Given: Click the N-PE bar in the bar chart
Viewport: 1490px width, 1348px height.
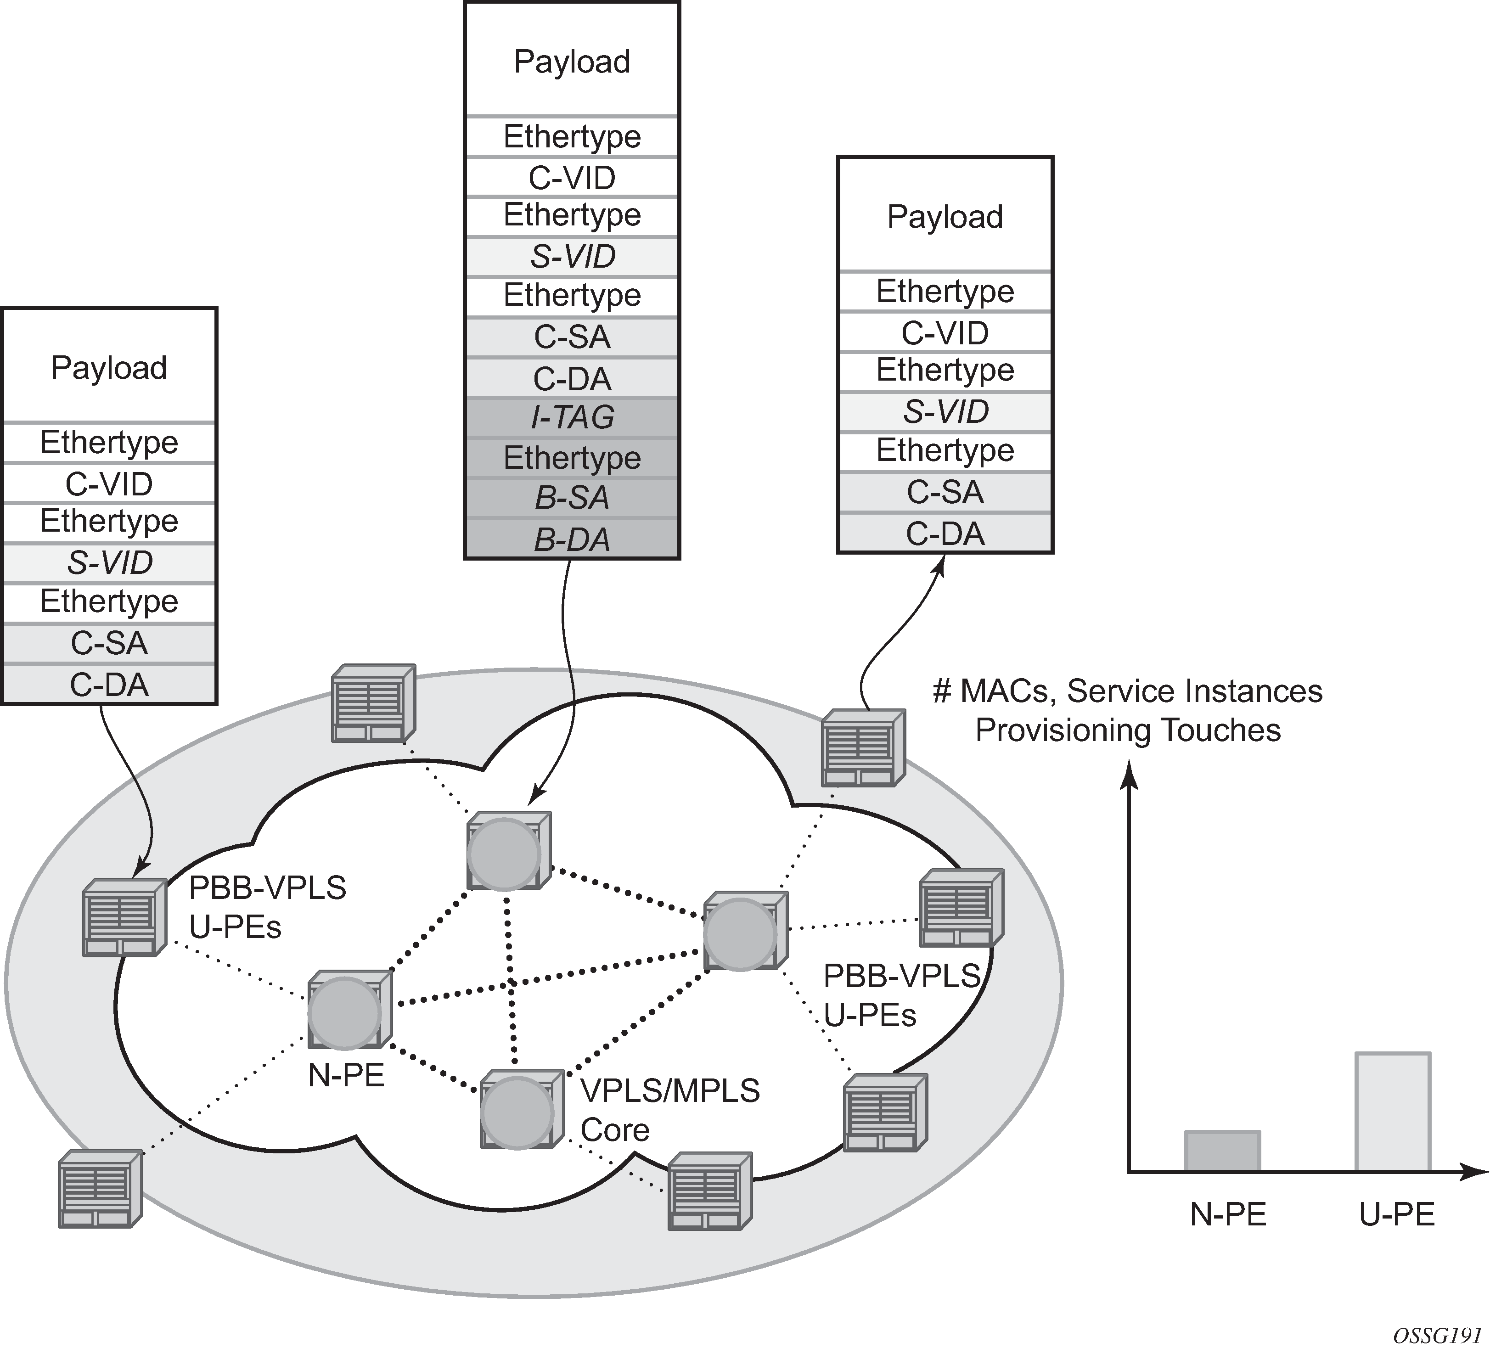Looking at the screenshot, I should tap(1222, 1151).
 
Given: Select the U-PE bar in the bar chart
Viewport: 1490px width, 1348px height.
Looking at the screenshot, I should tap(1393, 1112).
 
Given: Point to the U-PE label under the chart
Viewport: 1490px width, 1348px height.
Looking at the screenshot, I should tap(1397, 1215).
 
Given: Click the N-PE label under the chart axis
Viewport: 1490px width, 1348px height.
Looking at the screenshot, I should tap(1228, 1215).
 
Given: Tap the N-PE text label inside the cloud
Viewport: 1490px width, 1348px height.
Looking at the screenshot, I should tap(346, 1076).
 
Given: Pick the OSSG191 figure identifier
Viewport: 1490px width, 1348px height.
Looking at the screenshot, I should tap(1437, 1336).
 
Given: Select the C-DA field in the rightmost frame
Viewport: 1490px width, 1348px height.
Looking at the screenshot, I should tap(945, 534).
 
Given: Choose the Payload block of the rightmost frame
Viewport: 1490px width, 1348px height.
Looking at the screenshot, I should tap(945, 217).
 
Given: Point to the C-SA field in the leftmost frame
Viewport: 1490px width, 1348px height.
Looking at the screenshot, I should tap(109, 643).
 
